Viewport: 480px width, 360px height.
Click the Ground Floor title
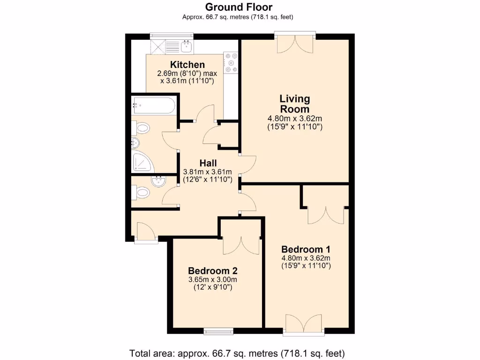239,7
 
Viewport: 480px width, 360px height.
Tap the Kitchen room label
187,65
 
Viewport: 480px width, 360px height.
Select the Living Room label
295,104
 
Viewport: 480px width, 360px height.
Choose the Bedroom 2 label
212,271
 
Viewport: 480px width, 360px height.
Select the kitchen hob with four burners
231,63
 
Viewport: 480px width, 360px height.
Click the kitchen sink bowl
187,45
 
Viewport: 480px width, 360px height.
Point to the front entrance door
145,232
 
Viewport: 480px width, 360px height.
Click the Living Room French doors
295,43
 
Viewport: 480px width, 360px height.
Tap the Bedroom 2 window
218,331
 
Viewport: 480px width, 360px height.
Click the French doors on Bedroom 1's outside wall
304,325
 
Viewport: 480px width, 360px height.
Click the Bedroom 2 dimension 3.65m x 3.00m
212,279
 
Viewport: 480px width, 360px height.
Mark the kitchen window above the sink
171,35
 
